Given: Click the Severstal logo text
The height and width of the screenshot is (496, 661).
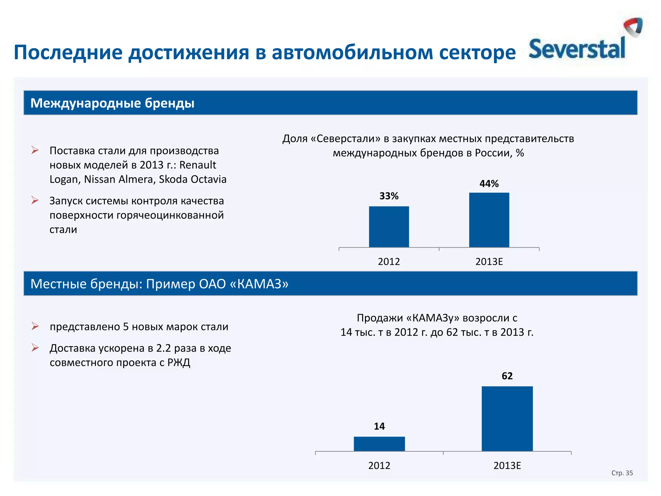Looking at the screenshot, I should (x=577, y=49).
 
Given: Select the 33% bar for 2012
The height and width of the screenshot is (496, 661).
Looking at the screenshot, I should (x=389, y=227).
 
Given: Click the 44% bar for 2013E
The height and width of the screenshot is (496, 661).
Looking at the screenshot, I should (x=489, y=220).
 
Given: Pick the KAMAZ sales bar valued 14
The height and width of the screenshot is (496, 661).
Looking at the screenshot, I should (x=379, y=444).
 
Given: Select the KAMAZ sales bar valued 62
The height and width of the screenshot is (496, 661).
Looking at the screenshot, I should (x=507, y=418).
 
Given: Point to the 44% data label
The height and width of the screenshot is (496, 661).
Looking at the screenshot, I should (x=489, y=184).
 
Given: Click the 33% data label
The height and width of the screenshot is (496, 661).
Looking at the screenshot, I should (x=389, y=196).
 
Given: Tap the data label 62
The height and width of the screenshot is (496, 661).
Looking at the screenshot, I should (x=507, y=376).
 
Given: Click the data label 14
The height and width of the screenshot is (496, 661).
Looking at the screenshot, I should (x=379, y=426).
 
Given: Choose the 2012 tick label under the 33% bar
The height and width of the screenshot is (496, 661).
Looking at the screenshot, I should (x=389, y=262).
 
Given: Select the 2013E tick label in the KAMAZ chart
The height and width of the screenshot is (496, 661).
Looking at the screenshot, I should (x=507, y=466).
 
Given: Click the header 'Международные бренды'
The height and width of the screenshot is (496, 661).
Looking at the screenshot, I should (x=112, y=103).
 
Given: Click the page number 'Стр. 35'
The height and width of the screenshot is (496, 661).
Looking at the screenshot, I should (x=622, y=473).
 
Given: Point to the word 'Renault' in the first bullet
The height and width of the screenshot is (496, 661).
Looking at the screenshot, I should (x=198, y=165).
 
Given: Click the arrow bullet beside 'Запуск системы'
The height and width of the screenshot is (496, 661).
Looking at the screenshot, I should (x=35, y=201).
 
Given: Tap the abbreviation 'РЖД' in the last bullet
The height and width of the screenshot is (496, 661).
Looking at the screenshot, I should (x=179, y=363).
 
